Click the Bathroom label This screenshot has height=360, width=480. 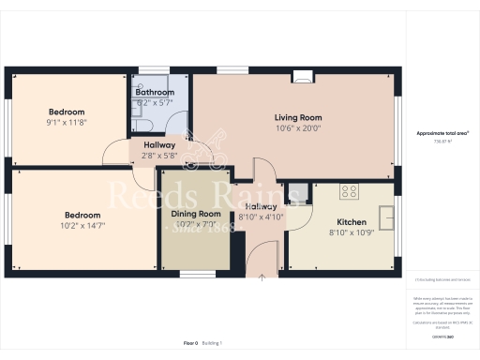155,93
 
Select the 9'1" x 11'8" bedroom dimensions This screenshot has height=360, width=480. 67,121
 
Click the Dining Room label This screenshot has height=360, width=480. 195,214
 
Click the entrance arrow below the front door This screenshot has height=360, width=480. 262,277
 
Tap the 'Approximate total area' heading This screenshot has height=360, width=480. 442,134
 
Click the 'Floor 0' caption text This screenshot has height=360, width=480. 191,343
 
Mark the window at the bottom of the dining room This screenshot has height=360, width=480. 194,275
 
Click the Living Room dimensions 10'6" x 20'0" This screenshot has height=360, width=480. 297,128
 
